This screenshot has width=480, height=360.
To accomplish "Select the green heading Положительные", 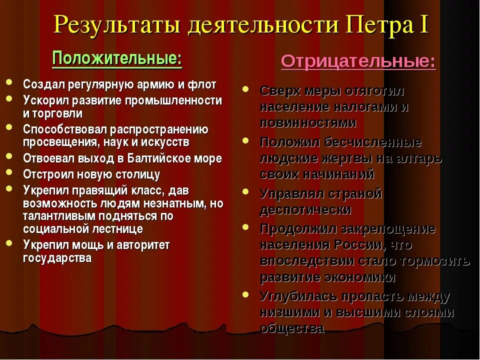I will tap(116, 59).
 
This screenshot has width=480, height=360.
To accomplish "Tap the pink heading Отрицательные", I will tap(358, 62).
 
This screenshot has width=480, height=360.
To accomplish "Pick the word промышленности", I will tap(182, 100).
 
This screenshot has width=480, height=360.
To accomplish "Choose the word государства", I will tap(57, 258).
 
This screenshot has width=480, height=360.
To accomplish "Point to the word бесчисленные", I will tap(373, 142).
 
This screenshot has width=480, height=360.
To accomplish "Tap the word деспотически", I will tap(305, 209).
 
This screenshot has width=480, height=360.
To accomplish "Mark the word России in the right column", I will tap(357, 245).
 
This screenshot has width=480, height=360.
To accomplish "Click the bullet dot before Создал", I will tap(10, 82).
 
